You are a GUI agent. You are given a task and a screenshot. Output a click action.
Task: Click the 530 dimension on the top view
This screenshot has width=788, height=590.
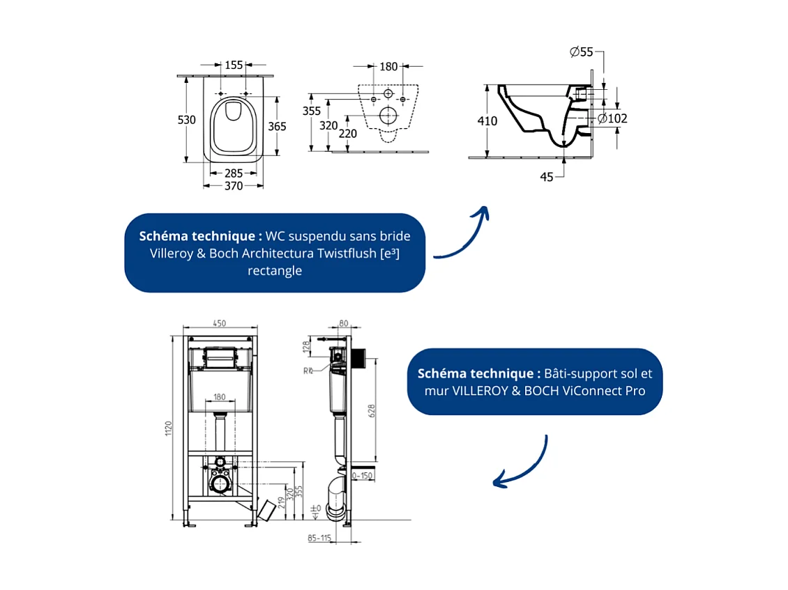tap(186, 120)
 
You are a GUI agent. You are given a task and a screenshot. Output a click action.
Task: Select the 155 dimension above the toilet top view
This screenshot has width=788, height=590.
tap(234, 65)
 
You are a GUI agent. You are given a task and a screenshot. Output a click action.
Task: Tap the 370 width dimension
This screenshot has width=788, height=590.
tap(234, 186)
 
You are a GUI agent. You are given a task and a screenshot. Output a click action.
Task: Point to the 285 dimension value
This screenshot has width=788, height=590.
tap(234, 173)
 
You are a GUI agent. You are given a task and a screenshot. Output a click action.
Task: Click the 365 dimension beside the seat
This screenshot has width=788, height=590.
tap(278, 126)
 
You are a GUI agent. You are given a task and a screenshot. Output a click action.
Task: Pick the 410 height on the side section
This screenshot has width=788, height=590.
tap(487, 121)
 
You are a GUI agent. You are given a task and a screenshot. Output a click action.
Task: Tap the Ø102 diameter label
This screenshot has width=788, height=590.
tap(613, 118)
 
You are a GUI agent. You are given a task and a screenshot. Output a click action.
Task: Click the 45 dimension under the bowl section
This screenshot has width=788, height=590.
tap(547, 177)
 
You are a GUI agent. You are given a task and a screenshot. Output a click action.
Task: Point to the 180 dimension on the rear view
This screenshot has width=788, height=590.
tap(388, 67)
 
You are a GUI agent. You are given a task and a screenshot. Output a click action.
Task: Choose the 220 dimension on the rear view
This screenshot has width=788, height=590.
tap(348, 134)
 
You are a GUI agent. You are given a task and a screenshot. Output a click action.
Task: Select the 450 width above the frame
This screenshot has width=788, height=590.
tap(219, 323)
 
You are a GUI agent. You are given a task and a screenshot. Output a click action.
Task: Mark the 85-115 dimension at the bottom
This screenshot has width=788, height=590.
tap(319, 538)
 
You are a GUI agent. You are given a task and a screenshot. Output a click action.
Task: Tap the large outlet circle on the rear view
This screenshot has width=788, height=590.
tap(388, 116)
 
